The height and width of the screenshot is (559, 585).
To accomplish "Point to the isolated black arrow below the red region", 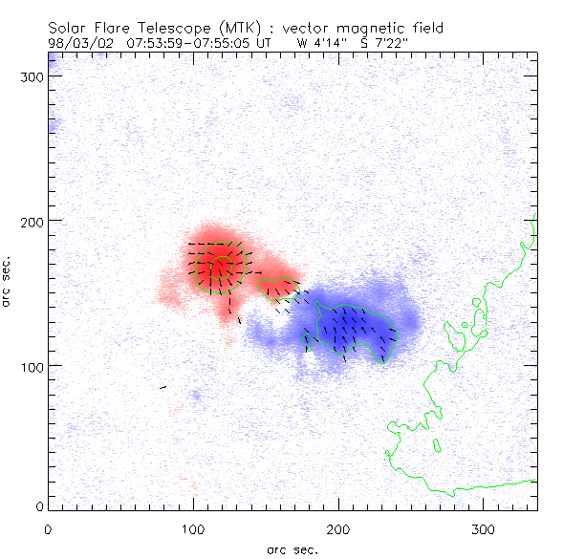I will click(162, 387).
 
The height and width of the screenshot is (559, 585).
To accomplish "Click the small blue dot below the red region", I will click(196, 394).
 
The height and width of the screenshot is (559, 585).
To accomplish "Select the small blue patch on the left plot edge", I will click(53, 125).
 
